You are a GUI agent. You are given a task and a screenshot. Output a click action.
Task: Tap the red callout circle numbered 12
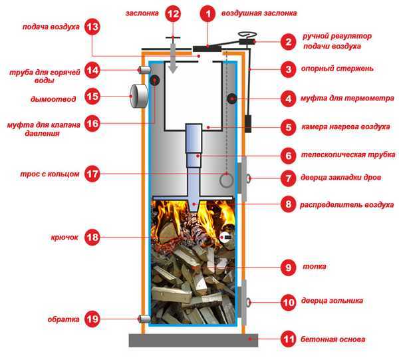173,13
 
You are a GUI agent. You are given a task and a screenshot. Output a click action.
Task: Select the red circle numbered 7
288,178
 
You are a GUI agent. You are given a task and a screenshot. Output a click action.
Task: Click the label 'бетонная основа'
332,340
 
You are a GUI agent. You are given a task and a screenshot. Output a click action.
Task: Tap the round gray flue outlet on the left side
138,95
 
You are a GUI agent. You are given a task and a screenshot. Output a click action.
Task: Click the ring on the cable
227,179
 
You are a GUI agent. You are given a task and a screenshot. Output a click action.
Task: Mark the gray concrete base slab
193,340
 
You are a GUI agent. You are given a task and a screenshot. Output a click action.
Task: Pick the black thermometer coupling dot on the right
233,98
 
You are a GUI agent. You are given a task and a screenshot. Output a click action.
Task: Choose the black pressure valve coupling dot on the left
155,81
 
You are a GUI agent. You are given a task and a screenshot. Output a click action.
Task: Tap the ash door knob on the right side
248,301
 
